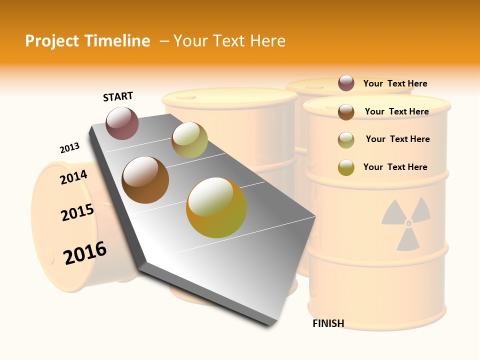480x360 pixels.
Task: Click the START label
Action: tap(118, 96)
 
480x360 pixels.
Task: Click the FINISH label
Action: tap(328, 323)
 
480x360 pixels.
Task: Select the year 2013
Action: tap(69, 148)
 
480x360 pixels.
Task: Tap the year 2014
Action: tap(74, 177)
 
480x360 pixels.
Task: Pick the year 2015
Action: tap(77, 212)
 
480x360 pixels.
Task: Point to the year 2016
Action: tap(85, 253)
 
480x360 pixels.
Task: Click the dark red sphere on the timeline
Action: tap(122, 123)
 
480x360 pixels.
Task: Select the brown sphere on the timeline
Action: tap(145, 180)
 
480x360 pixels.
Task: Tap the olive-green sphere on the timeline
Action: tap(189, 140)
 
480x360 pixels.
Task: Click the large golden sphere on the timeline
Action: tap(216, 207)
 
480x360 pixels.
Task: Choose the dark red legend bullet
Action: tap(346, 83)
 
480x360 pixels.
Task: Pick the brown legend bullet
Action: tap(346, 111)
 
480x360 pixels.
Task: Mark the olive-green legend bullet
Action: tap(346, 139)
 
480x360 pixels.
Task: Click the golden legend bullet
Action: tap(346, 167)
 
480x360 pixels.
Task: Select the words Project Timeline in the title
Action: tap(87, 41)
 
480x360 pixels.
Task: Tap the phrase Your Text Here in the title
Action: tap(229, 41)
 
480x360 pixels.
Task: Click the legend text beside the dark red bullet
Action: tap(395, 83)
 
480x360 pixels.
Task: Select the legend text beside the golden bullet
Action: tap(395, 167)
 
